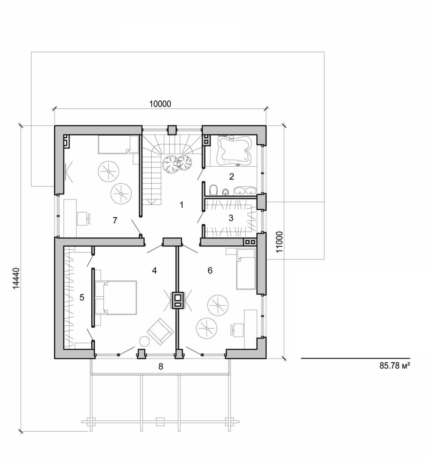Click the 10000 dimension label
[x=160, y=104]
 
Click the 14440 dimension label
[x=17, y=280]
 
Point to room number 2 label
[x=231, y=176]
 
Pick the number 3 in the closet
[x=231, y=218]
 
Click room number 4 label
[x=154, y=270]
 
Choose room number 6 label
[x=210, y=270]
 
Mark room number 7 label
[x=115, y=220]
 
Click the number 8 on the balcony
[x=161, y=366]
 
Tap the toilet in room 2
[x=213, y=190]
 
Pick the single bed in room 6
[x=245, y=269]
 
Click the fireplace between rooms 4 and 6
[x=178, y=300]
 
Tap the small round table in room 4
[x=144, y=341]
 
